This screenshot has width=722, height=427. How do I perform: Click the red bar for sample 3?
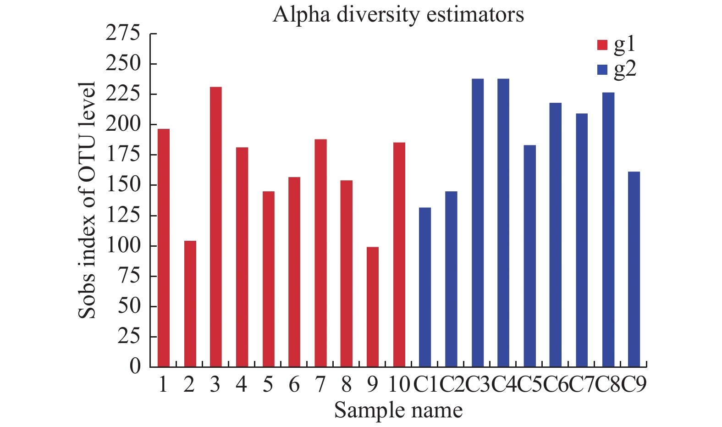click(216, 227)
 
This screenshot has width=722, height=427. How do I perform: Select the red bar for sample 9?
click(373, 307)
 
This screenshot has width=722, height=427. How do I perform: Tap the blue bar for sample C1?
click(425, 287)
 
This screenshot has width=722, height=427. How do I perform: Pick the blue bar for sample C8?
click(608, 229)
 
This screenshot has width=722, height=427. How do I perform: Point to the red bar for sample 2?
click(190, 304)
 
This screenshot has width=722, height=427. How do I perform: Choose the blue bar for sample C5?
click(530, 256)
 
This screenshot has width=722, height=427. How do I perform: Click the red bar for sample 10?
click(399, 255)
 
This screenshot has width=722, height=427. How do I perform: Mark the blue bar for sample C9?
click(634, 269)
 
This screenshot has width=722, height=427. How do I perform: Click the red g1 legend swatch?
click(602, 45)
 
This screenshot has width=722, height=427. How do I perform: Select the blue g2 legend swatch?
click(602, 70)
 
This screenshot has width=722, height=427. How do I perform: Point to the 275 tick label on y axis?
click(123, 33)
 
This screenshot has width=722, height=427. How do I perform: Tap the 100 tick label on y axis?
click(123, 246)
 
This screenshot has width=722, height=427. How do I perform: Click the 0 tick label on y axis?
click(135, 366)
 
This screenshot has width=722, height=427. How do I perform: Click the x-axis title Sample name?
click(398, 410)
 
